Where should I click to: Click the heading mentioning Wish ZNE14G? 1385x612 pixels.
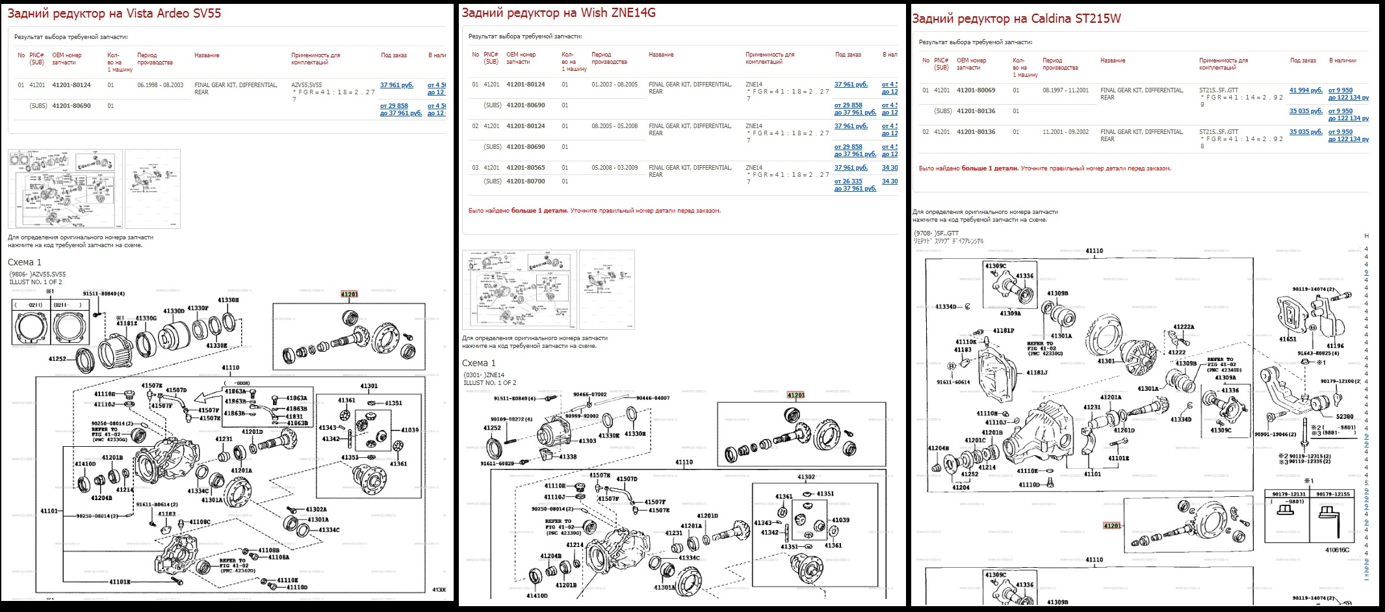click(x=558, y=12)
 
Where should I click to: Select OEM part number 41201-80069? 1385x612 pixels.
click(x=976, y=90)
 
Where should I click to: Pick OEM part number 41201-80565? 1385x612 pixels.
click(x=526, y=168)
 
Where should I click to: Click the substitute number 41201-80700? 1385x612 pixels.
click(x=526, y=181)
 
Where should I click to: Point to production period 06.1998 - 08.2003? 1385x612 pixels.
click(x=160, y=85)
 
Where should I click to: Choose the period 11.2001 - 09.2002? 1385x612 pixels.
click(x=1065, y=132)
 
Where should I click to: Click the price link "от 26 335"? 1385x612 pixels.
click(x=848, y=181)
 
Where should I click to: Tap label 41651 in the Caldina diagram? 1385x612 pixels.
click(x=1288, y=339)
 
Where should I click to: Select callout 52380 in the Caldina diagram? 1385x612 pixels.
click(x=1345, y=416)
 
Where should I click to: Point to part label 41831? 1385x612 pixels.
click(x=294, y=416)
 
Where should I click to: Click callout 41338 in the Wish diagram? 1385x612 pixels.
click(x=567, y=457)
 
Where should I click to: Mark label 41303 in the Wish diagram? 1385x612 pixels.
click(x=587, y=441)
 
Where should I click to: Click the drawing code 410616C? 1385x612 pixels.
click(x=1337, y=550)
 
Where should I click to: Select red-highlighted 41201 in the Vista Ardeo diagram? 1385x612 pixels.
click(x=349, y=295)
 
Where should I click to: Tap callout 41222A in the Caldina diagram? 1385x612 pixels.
click(x=1184, y=327)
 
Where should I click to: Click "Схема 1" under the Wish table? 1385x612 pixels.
click(x=478, y=364)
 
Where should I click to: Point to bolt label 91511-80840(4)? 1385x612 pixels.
click(x=103, y=294)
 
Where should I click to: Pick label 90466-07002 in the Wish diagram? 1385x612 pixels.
click(x=589, y=395)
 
